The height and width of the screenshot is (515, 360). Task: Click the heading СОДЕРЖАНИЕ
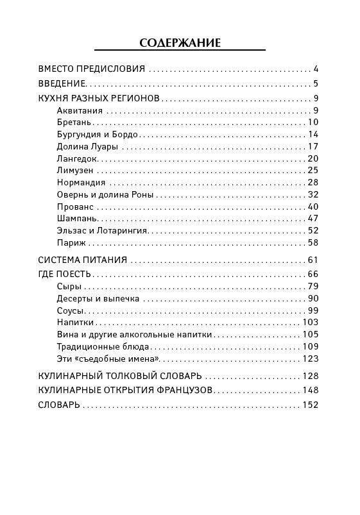pyautogui.click(x=180, y=43)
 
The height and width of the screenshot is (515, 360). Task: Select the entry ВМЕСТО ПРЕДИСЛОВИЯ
pyautogui.click(x=92, y=69)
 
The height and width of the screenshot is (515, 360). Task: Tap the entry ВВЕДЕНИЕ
pyautogui.click(x=62, y=83)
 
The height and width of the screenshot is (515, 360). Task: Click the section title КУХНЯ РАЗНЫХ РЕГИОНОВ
pyautogui.click(x=99, y=98)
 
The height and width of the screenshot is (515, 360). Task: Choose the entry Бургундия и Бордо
pyautogui.click(x=98, y=134)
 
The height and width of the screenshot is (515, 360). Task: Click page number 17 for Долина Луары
pyautogui.click(x=313, y=146)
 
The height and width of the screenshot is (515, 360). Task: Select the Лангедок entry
pyautogui.click(x=76, y=158)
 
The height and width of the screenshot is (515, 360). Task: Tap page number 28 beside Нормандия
pyautogui.click(x=313, y=182)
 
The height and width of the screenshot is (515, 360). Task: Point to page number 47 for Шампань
pyautogui.click(x=313, y=219)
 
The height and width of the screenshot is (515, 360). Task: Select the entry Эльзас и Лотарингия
pyautogui.click(x=102, y=230)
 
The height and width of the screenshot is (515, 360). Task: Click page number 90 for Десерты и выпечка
pyautogui.click(x=313, y=298)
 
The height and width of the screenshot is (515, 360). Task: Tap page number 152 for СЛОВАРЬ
pyautogui.click(x=310, y=405)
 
